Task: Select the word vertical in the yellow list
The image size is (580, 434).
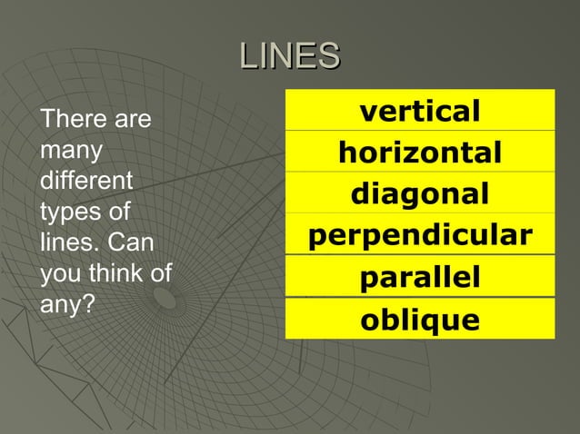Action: click(x=419, y=111)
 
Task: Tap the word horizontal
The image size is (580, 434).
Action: click(x=419, y=153)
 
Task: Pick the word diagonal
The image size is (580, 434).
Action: click(x=419, y=194)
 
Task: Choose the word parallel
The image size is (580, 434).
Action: click(x=419, y=278)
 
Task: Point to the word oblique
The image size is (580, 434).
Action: click(x=419, y=320)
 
